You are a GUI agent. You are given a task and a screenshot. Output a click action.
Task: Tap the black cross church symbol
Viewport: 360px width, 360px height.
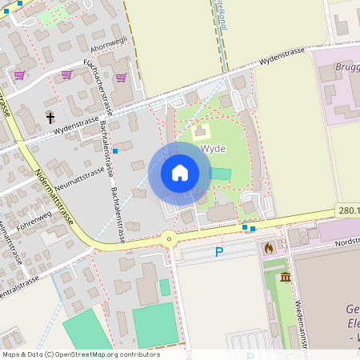50,118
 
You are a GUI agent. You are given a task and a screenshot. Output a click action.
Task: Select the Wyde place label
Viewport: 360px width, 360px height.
214,149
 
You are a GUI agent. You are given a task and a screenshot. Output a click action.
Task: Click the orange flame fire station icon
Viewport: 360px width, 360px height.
269,248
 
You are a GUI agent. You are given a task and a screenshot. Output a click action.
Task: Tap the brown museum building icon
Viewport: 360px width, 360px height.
286,277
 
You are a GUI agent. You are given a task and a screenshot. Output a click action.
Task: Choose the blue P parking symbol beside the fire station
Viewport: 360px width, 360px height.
219,253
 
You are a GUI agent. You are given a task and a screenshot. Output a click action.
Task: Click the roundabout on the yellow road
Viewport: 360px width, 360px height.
169,238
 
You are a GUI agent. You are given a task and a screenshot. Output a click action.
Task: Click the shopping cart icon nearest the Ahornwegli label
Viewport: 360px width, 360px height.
122,78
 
